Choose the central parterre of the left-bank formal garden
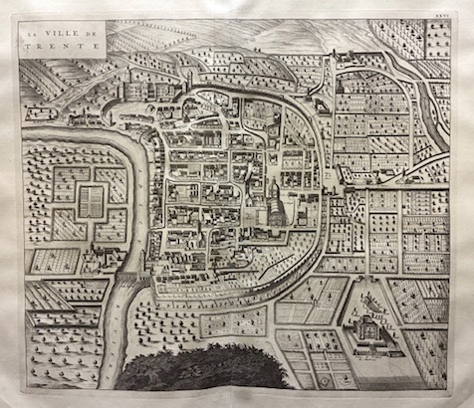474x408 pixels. click(x=89, y=198)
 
